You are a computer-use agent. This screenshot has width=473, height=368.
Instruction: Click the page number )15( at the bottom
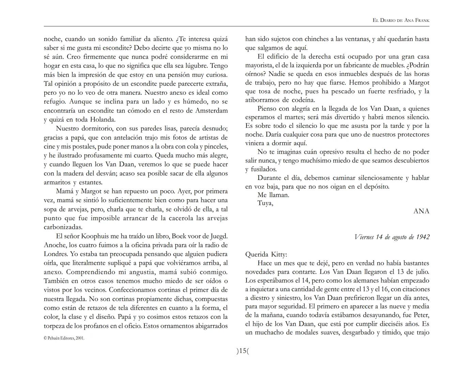(x=243, y=351)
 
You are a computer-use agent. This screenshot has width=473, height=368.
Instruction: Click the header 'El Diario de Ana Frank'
(x=401, y=20)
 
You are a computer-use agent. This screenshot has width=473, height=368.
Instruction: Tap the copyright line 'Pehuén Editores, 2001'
(x=64, y=338)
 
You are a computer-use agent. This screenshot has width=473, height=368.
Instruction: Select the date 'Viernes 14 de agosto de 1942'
(x=392, y=237)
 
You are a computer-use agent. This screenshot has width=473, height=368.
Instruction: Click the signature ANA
(x=421, y=211)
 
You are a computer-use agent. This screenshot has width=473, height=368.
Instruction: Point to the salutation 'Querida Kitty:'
(x=266, y=255)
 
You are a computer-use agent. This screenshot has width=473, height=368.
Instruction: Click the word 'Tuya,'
(x=265, y=203)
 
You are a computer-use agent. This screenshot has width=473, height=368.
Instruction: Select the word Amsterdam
(x=211, y=111)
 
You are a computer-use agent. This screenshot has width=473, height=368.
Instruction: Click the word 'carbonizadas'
(x=63, y=227)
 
